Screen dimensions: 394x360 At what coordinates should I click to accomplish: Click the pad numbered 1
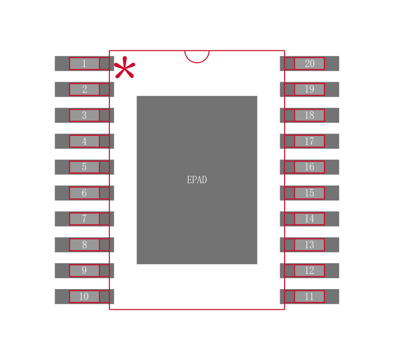(84, 64)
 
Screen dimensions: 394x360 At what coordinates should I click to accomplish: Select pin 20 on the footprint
(310, 64)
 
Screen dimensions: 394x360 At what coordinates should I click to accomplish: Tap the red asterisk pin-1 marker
(125, 67)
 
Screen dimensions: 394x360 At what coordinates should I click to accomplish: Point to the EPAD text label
(197, 180)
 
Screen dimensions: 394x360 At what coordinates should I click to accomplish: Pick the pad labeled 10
(84, 296)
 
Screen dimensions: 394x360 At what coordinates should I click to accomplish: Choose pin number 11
(310, 296)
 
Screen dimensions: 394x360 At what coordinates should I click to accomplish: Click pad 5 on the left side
(84, 167)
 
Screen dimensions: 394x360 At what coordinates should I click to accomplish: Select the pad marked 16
(310, 167)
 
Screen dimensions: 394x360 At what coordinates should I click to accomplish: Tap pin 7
(84, 219)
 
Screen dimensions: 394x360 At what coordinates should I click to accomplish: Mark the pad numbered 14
(310, 219)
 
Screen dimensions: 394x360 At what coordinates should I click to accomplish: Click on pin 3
(84, 115)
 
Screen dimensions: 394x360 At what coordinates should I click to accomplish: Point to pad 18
(310, 115)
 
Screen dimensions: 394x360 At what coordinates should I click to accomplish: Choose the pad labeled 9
(84, 270)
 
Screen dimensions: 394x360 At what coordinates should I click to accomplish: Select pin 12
(310, 270)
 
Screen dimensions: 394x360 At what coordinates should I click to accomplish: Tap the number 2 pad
(84, 90)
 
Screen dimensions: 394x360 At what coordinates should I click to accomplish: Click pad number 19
(310, 90)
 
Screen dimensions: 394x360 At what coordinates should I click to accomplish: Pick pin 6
(84, 193)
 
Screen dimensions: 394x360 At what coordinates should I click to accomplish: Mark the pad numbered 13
(310, 245)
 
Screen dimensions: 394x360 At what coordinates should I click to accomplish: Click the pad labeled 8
(84, 245)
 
